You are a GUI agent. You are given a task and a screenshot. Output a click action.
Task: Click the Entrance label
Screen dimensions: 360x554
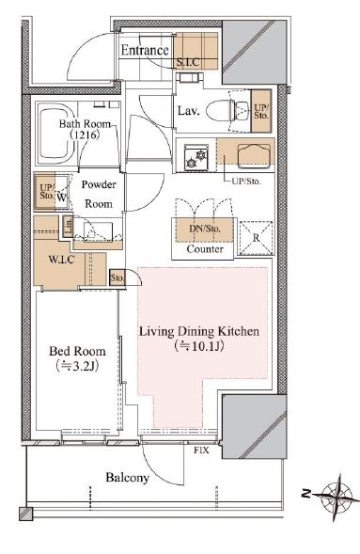click(x=145, y=50)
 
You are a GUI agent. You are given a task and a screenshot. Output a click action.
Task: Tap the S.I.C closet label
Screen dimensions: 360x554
click(x=188, y=62)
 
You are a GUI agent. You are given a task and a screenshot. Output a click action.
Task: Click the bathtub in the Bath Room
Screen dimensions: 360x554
click(x=56, y=134)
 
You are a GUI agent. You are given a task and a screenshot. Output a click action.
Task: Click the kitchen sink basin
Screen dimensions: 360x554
click(x=254, y=155)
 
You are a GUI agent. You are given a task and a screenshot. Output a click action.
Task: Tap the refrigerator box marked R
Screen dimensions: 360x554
click(x=256, y=238)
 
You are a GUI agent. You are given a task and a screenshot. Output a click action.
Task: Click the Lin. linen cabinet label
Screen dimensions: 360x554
click(x=68, y=226)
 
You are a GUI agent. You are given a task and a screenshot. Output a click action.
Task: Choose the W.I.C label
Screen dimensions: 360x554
click(x=61, y=260)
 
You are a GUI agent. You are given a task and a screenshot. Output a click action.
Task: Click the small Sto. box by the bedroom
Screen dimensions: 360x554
click(x=117, y=277)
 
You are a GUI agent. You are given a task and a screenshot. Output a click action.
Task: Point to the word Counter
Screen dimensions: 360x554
click(x=205, y=249)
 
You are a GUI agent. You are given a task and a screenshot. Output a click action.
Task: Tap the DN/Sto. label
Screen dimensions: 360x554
click(x=205, y=229)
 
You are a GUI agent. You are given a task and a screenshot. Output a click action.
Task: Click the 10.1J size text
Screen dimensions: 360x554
click(x=199, y=346)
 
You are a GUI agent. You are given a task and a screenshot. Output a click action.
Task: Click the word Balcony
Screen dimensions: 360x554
click(x=128, y=478)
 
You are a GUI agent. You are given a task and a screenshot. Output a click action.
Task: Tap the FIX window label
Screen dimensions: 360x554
click(x=201, y=451)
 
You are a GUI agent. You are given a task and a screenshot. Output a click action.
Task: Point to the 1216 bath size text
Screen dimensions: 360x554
click(x=85, y=135)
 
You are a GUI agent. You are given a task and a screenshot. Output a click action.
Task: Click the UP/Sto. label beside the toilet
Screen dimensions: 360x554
click(x=261, y=111)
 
